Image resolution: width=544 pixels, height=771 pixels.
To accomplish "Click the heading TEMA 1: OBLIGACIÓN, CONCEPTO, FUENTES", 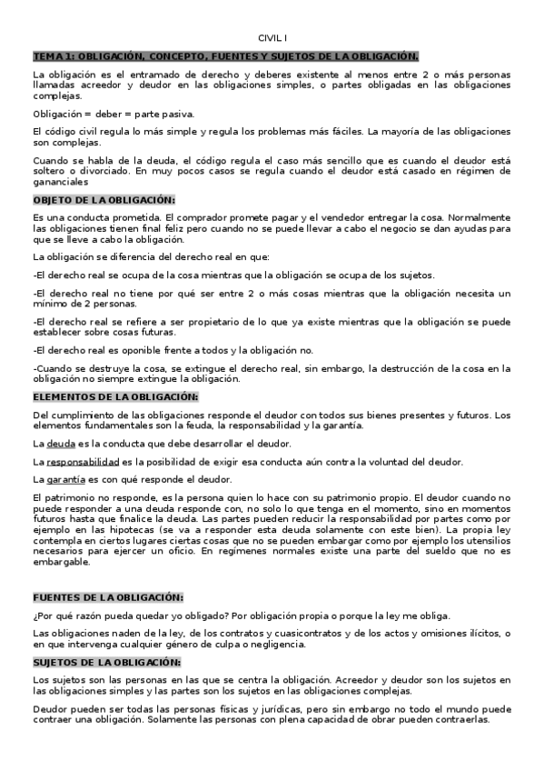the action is tap(225, 55).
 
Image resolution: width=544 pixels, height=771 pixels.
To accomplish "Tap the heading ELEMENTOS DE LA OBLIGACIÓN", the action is tap(114, 396).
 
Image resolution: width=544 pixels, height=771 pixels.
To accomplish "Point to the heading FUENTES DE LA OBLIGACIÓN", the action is tap(107, 597).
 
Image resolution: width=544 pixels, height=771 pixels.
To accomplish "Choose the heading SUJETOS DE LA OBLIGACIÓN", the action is tap(106, 662).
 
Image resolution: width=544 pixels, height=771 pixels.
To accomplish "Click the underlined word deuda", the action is tap(61, 444).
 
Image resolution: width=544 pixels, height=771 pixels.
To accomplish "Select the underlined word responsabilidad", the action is tap(83, 462).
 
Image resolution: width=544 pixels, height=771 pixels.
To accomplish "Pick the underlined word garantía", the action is tap(66, 479).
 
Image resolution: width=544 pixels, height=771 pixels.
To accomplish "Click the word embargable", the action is tap(61, 563).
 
